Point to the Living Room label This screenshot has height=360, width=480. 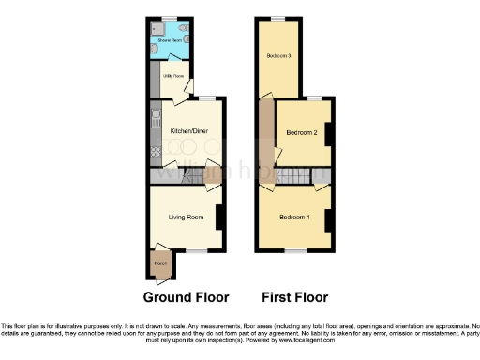186,217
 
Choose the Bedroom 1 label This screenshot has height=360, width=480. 294,217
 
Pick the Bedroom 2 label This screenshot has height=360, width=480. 303,132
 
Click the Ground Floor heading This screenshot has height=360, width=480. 186,298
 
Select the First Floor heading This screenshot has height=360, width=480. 294,298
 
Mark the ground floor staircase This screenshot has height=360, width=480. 173,174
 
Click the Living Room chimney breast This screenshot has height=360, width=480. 219,217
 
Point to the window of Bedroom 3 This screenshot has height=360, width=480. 277,19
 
